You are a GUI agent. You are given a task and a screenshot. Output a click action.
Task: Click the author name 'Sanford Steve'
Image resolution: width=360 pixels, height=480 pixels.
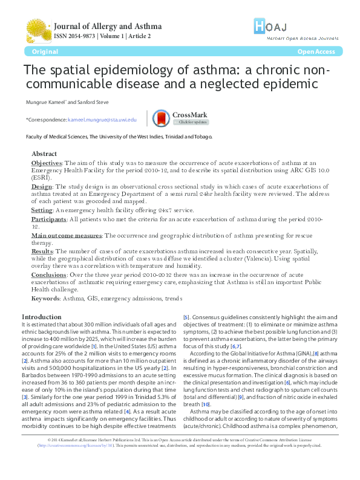click(x=93, y=101)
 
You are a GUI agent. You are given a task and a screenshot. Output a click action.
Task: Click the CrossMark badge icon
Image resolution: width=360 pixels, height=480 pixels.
click(x=178, y=117)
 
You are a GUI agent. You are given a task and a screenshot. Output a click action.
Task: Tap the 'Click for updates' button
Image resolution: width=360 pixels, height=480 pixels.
click(x=191, y=122)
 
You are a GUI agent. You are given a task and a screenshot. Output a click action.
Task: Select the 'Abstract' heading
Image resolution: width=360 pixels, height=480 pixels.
click(x=44, y=154)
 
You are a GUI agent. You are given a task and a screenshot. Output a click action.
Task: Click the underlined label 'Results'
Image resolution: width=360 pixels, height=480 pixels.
click(x=42, y=250)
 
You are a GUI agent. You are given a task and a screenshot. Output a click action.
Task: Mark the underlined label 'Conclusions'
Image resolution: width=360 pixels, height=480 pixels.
click(x=48, y=274)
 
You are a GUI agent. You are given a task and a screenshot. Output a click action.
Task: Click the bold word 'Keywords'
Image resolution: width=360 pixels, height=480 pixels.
click(x=45, y=299)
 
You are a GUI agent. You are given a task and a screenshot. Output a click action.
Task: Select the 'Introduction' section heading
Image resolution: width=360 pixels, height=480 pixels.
click(x=41, y=317)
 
